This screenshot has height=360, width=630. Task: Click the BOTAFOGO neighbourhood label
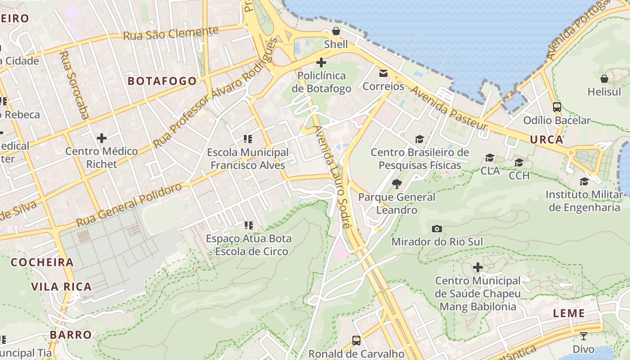[x=162, y=81]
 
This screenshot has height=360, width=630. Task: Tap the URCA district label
[x=546, y=139]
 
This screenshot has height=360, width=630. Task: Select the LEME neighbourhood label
[x=569, y=313]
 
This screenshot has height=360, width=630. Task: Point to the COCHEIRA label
[x=42, y=262]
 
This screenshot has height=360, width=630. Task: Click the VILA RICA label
[x=61, y=287]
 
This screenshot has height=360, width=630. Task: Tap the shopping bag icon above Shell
[x=336, y=31]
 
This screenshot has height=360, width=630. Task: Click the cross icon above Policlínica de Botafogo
[x=321, y=63]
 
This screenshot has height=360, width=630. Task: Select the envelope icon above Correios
[x=383, y=73]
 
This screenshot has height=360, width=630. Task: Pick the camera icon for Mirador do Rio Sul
[x=436, y=229]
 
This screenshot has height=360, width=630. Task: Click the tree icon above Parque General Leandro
[x=396, y=184]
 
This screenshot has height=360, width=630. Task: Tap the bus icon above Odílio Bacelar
[x=557, y=107]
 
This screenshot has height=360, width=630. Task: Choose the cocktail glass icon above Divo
[x=583, y=336]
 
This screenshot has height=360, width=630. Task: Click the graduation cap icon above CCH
[x=519, y=162]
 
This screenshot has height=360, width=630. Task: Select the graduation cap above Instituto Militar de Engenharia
[x=584, y=181]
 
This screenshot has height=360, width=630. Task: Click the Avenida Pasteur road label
[x=449, y=107]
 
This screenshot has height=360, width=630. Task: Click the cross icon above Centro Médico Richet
[x=102, y=138]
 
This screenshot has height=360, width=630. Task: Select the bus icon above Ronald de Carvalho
[x=356, y=340]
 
